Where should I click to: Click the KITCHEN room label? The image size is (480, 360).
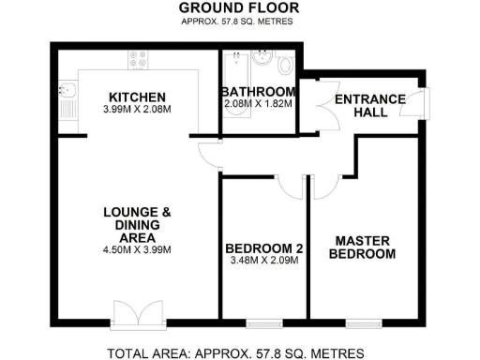(137, 97)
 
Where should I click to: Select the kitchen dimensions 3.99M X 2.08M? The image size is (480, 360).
(137, 111)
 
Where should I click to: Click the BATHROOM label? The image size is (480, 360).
(259, 92)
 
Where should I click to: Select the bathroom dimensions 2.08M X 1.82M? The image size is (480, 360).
(259, 104)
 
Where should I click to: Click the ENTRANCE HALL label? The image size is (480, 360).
(369, 106)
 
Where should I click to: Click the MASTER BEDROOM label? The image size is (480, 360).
(363, 247)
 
